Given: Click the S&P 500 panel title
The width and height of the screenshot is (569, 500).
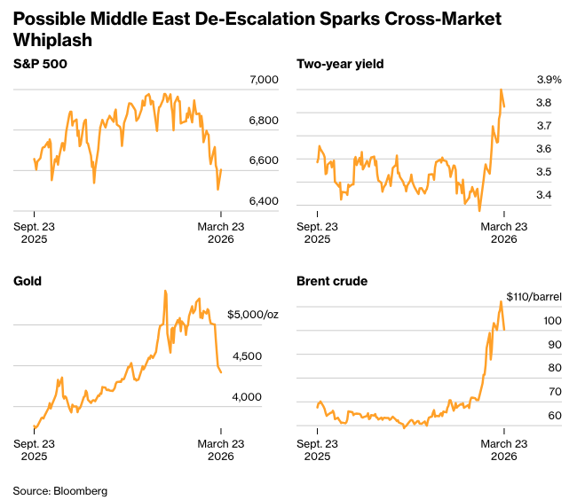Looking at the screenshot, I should coord(41,64).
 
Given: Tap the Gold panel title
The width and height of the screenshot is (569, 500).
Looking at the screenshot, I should coord(28,281).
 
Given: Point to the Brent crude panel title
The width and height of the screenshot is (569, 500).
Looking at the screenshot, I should coord(332,281).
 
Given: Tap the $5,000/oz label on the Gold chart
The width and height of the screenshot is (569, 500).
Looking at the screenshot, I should coord(253,314).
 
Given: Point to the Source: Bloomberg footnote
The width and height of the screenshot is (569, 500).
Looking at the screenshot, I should coord(59,490).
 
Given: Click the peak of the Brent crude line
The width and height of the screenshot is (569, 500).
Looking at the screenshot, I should coord(501,301).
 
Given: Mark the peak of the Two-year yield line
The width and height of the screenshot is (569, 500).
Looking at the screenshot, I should coord(502,90).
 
